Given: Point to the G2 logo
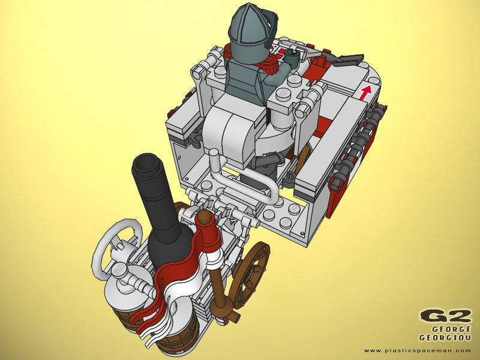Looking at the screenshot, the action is coord(445,316).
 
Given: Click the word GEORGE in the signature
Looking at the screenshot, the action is coord(451,329).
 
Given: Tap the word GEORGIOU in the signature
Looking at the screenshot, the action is coord(445,338).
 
